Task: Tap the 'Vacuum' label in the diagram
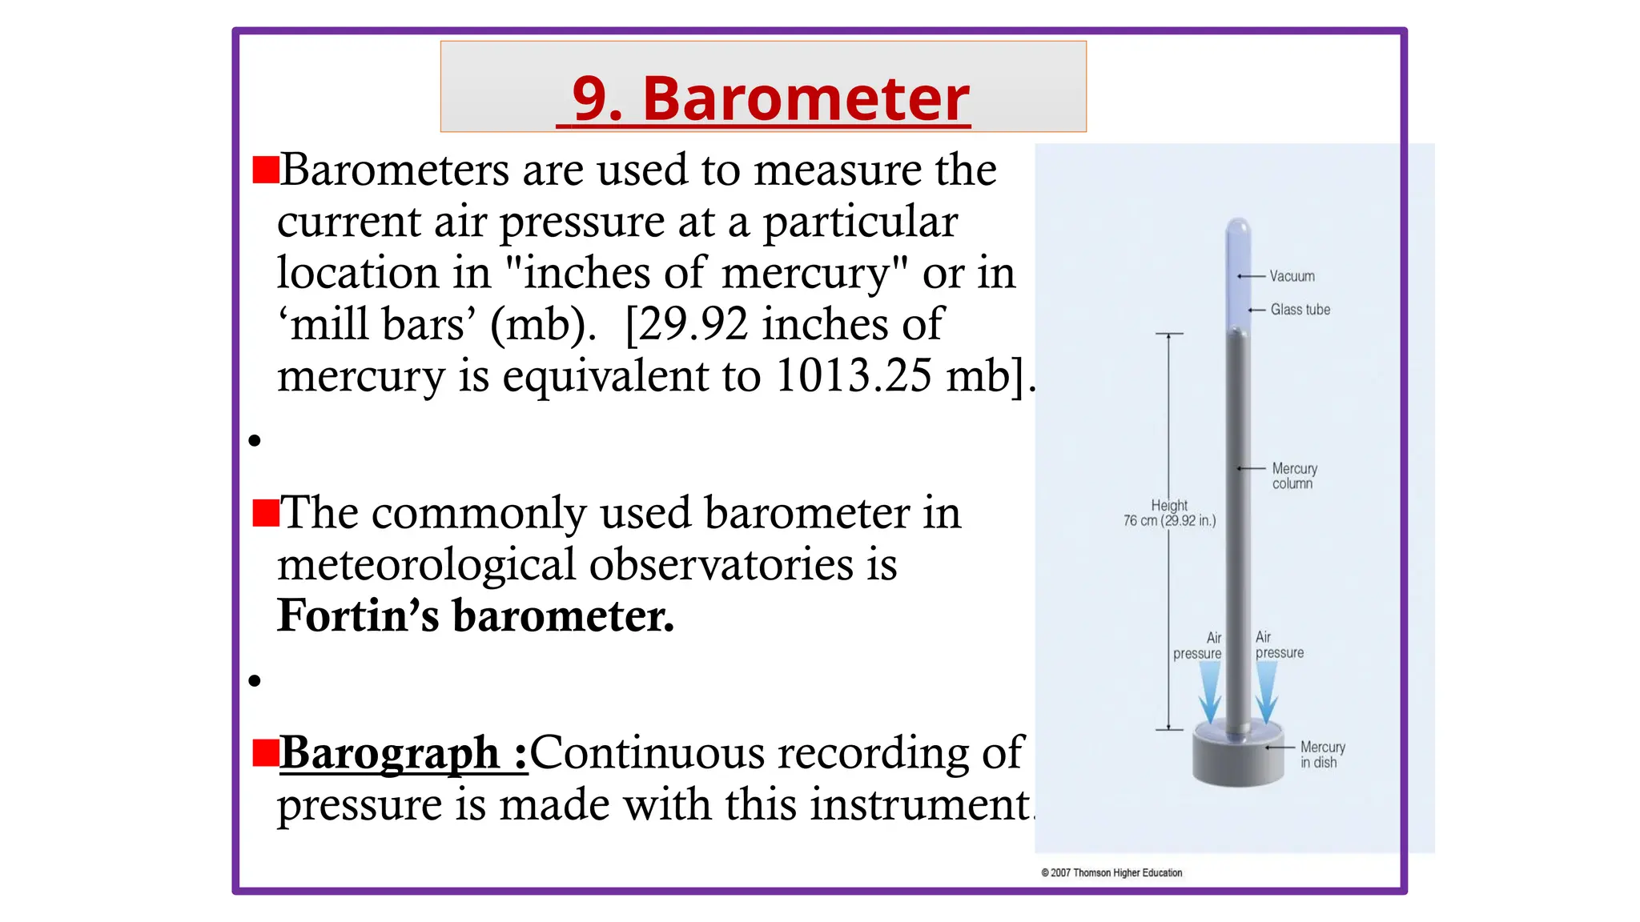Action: click(1291, 276)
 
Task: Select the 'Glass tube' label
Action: click(1300, 310)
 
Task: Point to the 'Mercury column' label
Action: click(1294, 475)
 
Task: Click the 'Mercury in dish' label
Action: click(1322, 754)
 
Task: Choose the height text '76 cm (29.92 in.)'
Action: click(1169, 520)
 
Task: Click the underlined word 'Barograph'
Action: click(390, 753)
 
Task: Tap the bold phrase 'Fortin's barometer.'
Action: click(476, 615)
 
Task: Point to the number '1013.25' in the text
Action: click(854, 375)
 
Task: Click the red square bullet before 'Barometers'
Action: click(265, 170)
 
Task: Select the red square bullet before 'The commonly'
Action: click(265, 513)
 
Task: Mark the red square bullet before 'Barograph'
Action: click(265, 753)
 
